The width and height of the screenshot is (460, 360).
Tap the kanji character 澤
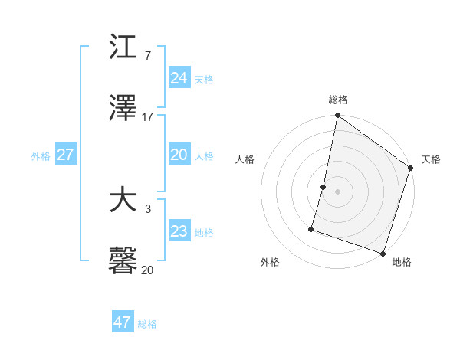(123, 108)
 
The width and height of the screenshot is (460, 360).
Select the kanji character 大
(123, 201)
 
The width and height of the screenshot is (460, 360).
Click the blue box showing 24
(179, 77)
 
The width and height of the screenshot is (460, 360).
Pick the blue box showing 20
(179, 155)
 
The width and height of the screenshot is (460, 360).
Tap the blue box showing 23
(179, 231)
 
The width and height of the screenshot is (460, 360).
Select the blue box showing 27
(65, 155)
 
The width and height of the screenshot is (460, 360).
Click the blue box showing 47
(122, 322)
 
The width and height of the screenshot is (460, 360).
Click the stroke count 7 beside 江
(147, 55)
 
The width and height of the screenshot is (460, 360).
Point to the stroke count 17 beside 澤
(148, 116)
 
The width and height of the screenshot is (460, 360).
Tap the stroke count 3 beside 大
(147, 208)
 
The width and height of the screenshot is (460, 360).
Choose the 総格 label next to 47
(147, 324)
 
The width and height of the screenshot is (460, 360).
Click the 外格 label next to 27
(41, 156)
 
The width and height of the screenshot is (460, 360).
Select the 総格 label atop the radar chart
(338, 100)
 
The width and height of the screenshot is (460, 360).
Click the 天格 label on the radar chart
(431, 159)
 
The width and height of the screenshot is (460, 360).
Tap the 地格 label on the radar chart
(402, 262)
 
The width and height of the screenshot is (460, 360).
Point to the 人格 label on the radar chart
(245, 159)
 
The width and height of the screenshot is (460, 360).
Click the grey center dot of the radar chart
(337, 191)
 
